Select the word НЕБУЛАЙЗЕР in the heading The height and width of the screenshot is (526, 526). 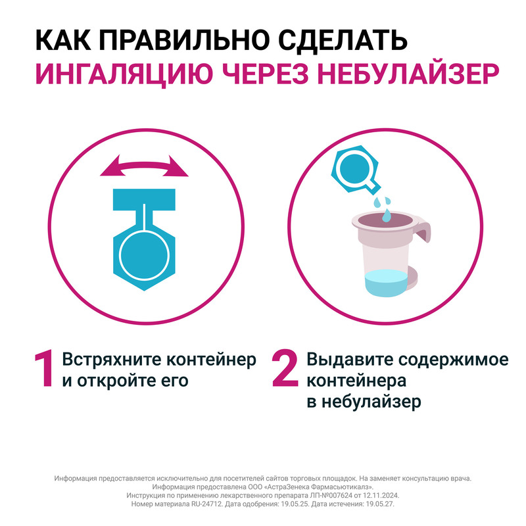[x=414, y=74]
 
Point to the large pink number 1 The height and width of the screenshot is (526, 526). [x=43, y=370]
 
